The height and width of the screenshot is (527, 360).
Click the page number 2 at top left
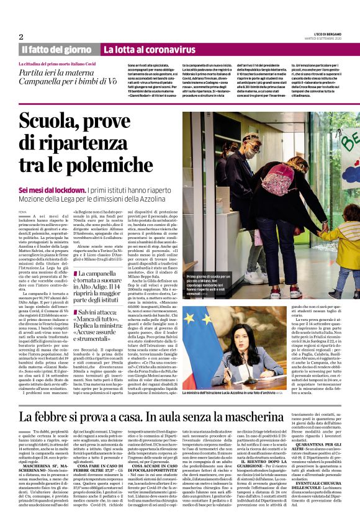[x=21, y=36]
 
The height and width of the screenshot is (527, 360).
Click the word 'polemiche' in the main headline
[x=111, y=164]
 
